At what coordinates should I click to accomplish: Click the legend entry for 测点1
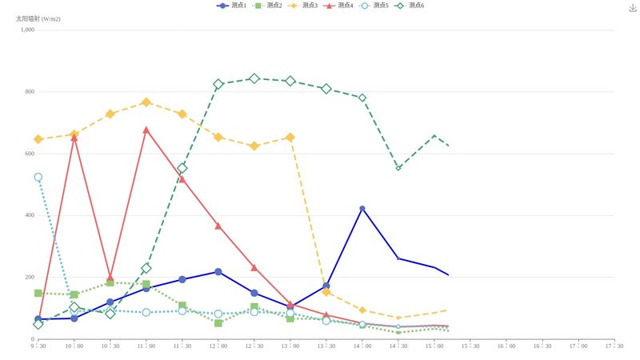(x=232, y=6)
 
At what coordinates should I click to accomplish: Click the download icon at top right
(x=633, y=7)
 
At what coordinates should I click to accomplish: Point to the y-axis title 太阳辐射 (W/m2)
(x=39, y=18)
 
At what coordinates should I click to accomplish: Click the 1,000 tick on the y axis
(x=27, y=30)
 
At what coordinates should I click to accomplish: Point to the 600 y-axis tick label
(x=29, y=154)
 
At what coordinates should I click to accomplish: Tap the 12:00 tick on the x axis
(x=218, y=346)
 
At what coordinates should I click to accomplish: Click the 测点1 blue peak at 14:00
(x=362, y=209)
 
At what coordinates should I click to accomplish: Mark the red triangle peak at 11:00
(x=146, y=130)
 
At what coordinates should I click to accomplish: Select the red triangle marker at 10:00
(x=74, y=138)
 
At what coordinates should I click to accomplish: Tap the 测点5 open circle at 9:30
(x=38, y=178)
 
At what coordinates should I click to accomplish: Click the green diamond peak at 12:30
(x=254, y=78)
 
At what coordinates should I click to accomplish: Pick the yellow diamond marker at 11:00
(x=146, y=102)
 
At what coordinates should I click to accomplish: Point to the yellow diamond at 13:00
(x=290, y=138)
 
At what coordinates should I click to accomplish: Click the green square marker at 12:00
(x=218, y=322)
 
